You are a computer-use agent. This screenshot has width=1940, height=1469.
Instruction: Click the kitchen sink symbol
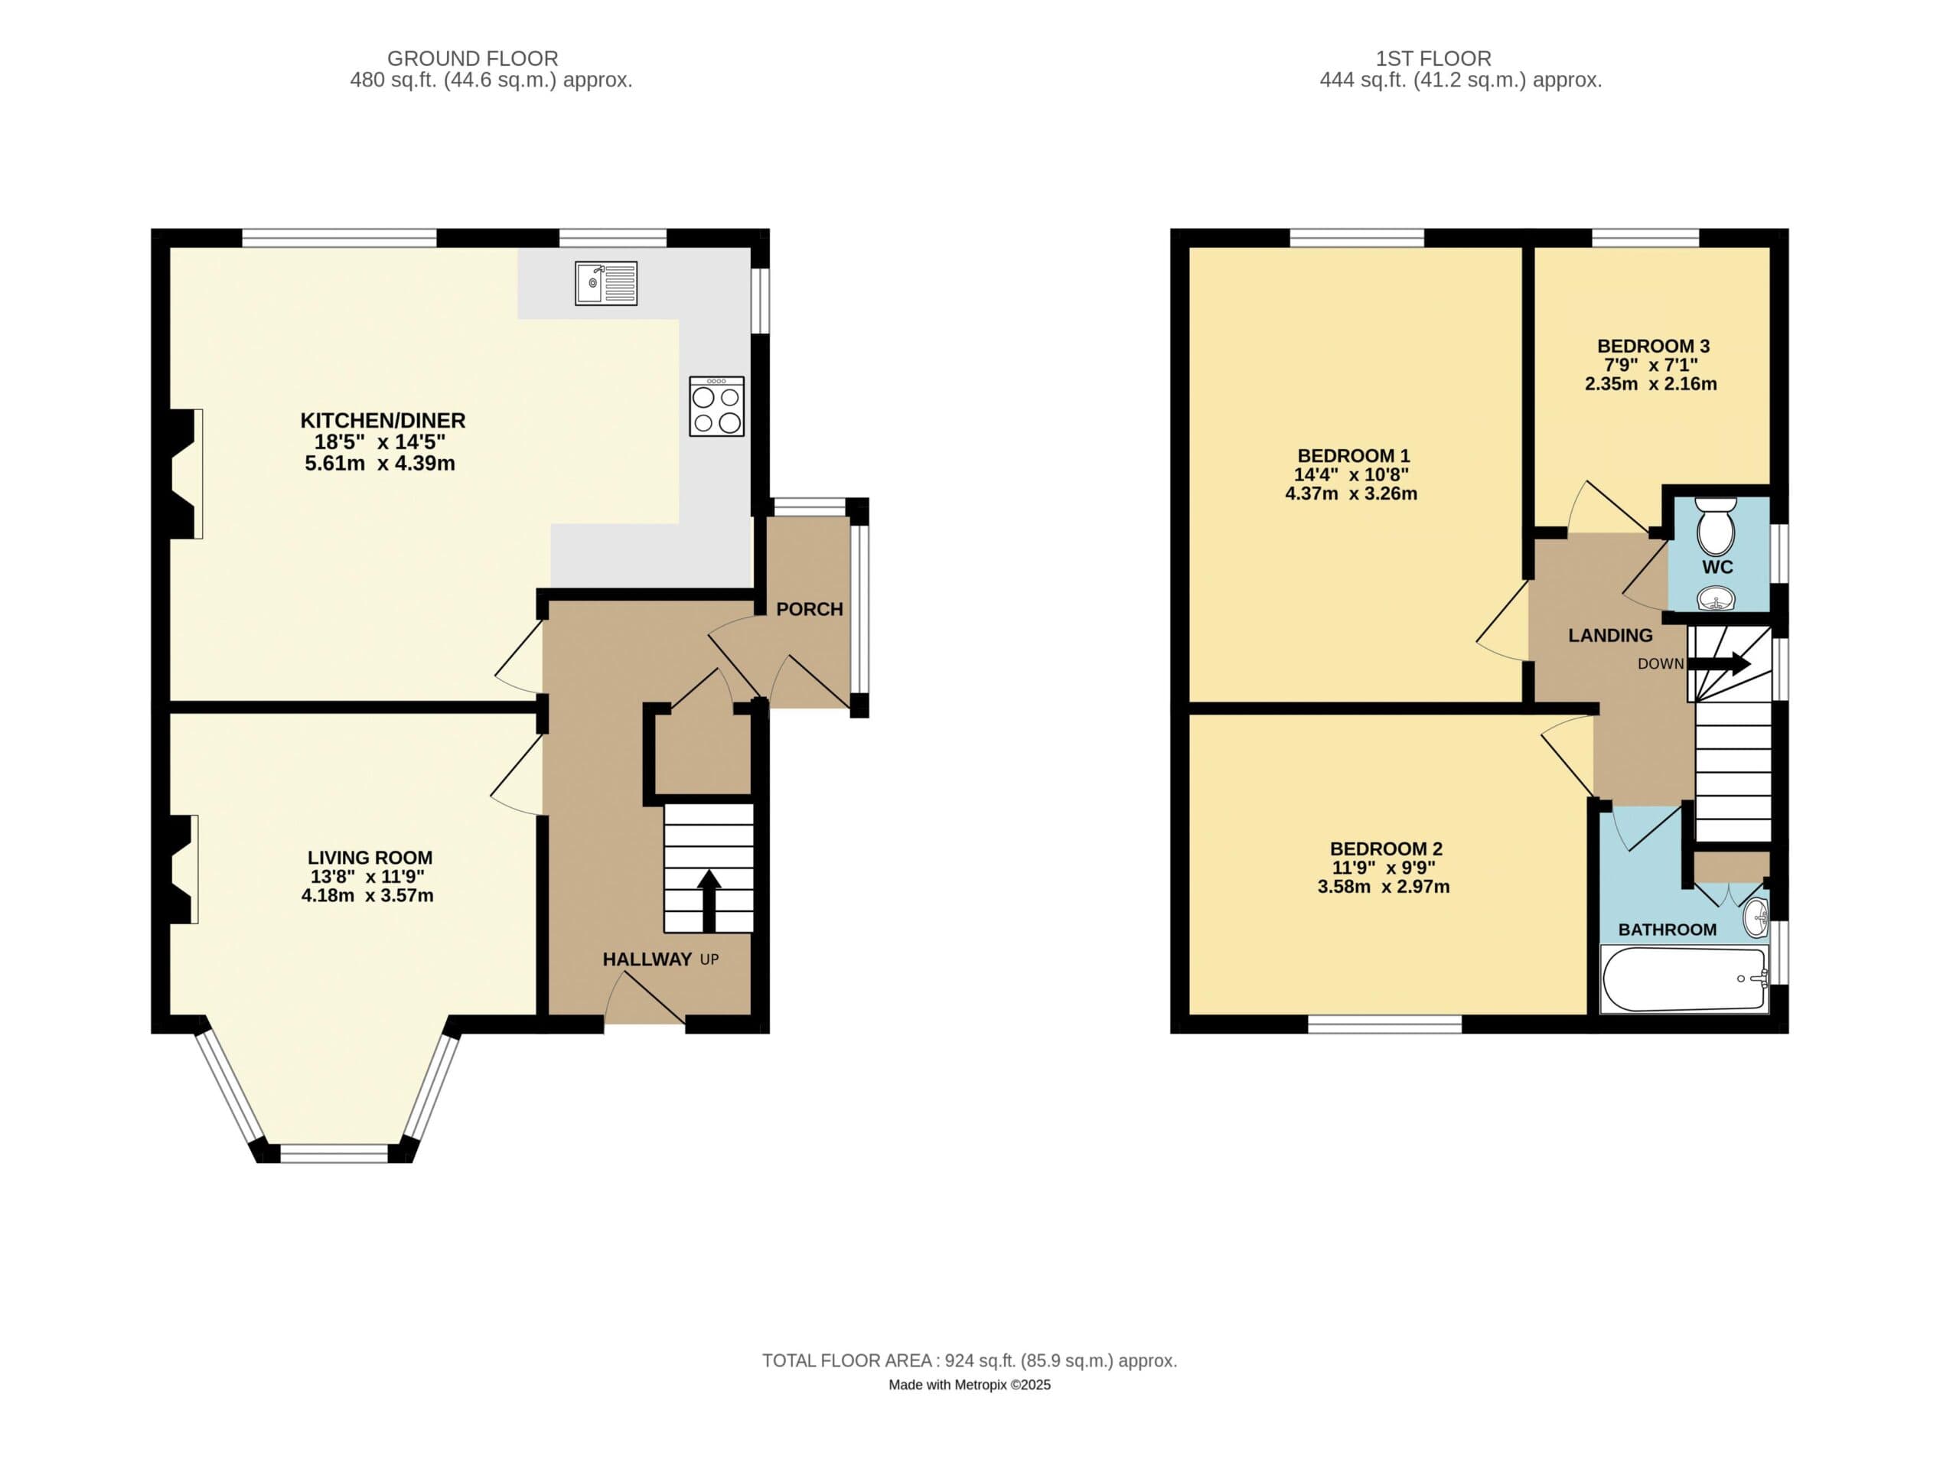(x=606, y=283)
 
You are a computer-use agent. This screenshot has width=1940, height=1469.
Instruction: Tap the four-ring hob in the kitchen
(x=716, y=406)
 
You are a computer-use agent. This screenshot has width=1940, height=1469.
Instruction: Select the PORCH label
(x=809, y=609)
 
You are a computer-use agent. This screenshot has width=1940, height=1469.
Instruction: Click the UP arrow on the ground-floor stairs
(x=709, y=900)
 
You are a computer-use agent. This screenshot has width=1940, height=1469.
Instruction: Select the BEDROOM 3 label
(x=1653, y=346)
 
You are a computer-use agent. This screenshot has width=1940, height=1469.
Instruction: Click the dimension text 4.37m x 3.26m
(x=1351, y=493)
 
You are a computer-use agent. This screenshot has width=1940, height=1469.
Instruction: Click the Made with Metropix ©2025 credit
(x=969, y=1385)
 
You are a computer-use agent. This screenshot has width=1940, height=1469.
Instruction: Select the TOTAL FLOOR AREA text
(x=969, y=1360)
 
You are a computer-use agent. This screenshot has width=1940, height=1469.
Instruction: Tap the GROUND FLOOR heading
(x=472, y=59)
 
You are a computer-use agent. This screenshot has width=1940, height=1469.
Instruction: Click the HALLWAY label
(x=647, y=959)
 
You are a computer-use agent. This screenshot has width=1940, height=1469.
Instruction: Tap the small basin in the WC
(x=1717, y=599)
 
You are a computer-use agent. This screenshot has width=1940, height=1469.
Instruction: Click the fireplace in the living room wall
(x=182, y=869)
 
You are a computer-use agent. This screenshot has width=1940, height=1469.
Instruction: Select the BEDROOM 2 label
(x=1386, y=848)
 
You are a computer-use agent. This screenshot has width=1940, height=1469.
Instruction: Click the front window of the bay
(x=334, y=1153)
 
